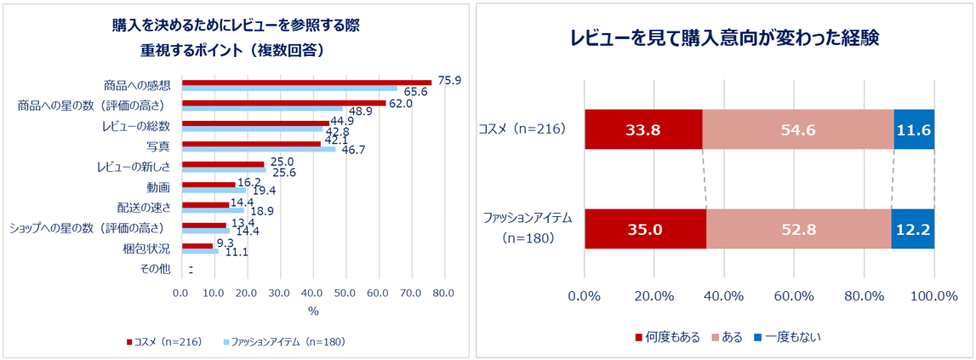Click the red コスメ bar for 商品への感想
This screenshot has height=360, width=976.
306,82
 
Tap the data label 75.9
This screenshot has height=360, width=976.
448,80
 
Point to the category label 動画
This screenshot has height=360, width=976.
159,187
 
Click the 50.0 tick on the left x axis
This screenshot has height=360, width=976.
345,293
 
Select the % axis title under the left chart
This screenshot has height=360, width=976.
312,311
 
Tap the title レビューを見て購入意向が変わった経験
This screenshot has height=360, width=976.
724,38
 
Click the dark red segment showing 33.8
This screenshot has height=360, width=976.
643,129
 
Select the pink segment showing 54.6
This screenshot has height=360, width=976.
798,129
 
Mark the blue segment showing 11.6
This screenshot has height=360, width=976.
914,129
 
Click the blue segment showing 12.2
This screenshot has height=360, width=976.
913,229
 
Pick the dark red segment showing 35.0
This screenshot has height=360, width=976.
645,229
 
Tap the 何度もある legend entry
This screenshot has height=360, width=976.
667,337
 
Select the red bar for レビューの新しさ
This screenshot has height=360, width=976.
224,163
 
